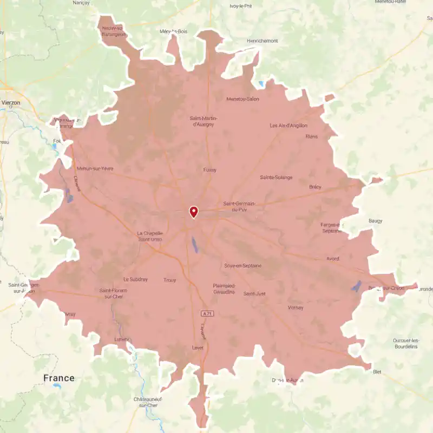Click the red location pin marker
tap(193, 212)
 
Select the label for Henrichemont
tap(262, 41)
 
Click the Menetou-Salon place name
tap(243, 99)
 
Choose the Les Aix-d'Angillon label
tap(288, 126)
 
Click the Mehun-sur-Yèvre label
tap(95, 168)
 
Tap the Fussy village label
tap(209, 170)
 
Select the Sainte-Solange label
tap(276, 178)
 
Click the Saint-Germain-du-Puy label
tap(239, 206)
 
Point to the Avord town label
tap(332, 259)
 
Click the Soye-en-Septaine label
tap(243, 266)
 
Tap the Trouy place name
tap(169, 280)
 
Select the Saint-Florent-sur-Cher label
tap(113, 293)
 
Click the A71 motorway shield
tap(206, 314)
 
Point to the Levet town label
tap(198, 347)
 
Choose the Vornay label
tap(296, 307)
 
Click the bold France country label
tap(58, 378)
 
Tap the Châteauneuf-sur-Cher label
tap(148, 402)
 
